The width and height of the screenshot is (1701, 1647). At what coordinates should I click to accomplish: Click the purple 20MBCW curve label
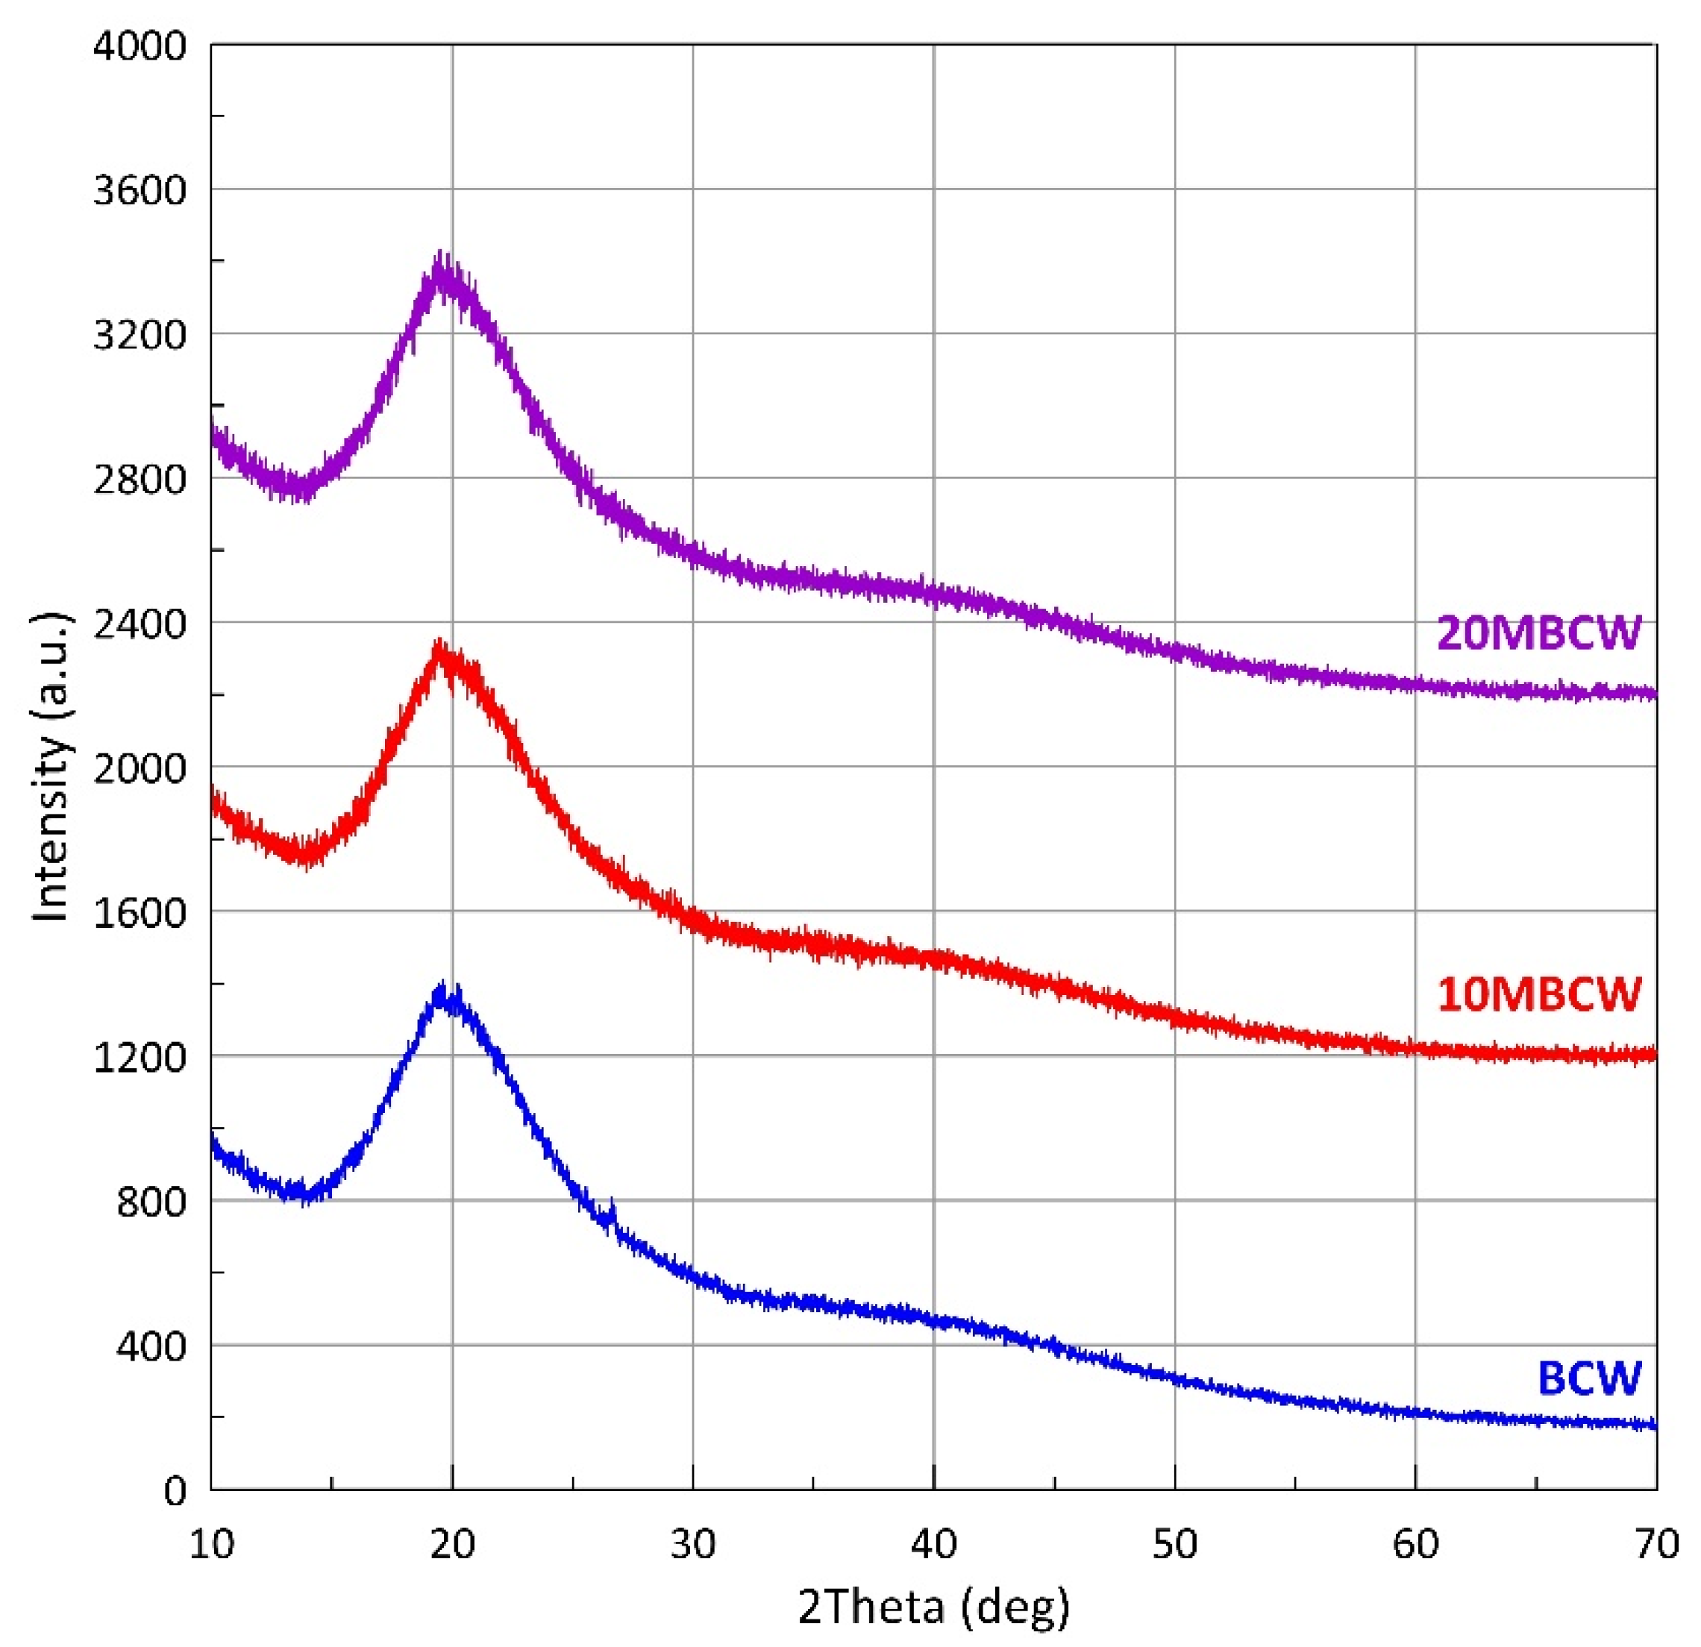click(x=1538, y=633)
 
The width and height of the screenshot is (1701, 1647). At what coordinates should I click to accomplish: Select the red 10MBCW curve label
click(x=1538, y=994)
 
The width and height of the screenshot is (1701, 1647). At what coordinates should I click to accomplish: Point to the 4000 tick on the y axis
click(x=140, y=46)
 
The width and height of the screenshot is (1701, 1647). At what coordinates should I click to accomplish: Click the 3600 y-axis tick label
click(x=140, y=190)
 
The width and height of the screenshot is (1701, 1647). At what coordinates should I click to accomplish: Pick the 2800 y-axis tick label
click(x=140, y=479)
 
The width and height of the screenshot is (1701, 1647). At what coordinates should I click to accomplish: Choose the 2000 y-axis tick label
click(x=140, y=768)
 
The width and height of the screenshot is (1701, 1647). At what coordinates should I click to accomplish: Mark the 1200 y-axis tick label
click(x=140, y=1057)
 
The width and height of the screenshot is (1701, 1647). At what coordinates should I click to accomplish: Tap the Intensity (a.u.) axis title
click(x=52, y=768)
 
